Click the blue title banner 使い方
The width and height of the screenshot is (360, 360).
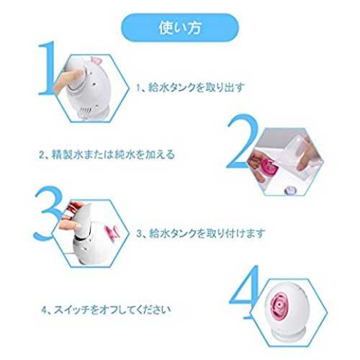coord(180,27)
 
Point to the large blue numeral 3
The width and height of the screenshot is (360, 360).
coord(48,214)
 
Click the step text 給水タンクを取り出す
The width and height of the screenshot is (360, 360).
coord(197,87)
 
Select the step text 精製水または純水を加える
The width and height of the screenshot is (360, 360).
coord(113,155)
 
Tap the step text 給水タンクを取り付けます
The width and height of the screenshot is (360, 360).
coord(207,233)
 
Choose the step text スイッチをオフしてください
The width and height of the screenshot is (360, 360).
coord(112,310)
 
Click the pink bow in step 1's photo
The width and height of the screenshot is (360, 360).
coord(95,60)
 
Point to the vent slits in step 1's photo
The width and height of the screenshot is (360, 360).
coord(86,110)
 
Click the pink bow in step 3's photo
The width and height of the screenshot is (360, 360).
coord(112,232)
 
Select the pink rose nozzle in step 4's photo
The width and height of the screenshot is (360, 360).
coord(279,305)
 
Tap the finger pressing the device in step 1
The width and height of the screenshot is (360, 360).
coord(70,78)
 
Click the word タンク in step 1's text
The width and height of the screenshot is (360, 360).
coord(182,87)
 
